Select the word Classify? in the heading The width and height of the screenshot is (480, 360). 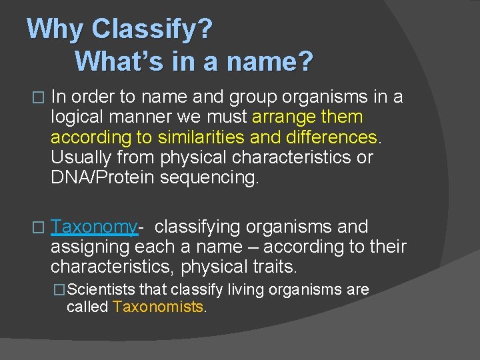click(x=153, y=29)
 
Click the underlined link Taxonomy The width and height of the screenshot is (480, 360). click(x=94, y=227)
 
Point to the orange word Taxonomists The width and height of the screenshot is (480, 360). click(x=158, y=307)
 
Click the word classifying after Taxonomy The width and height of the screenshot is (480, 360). click(x=197, y=227)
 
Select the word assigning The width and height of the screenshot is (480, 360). click(x=91, y=247)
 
